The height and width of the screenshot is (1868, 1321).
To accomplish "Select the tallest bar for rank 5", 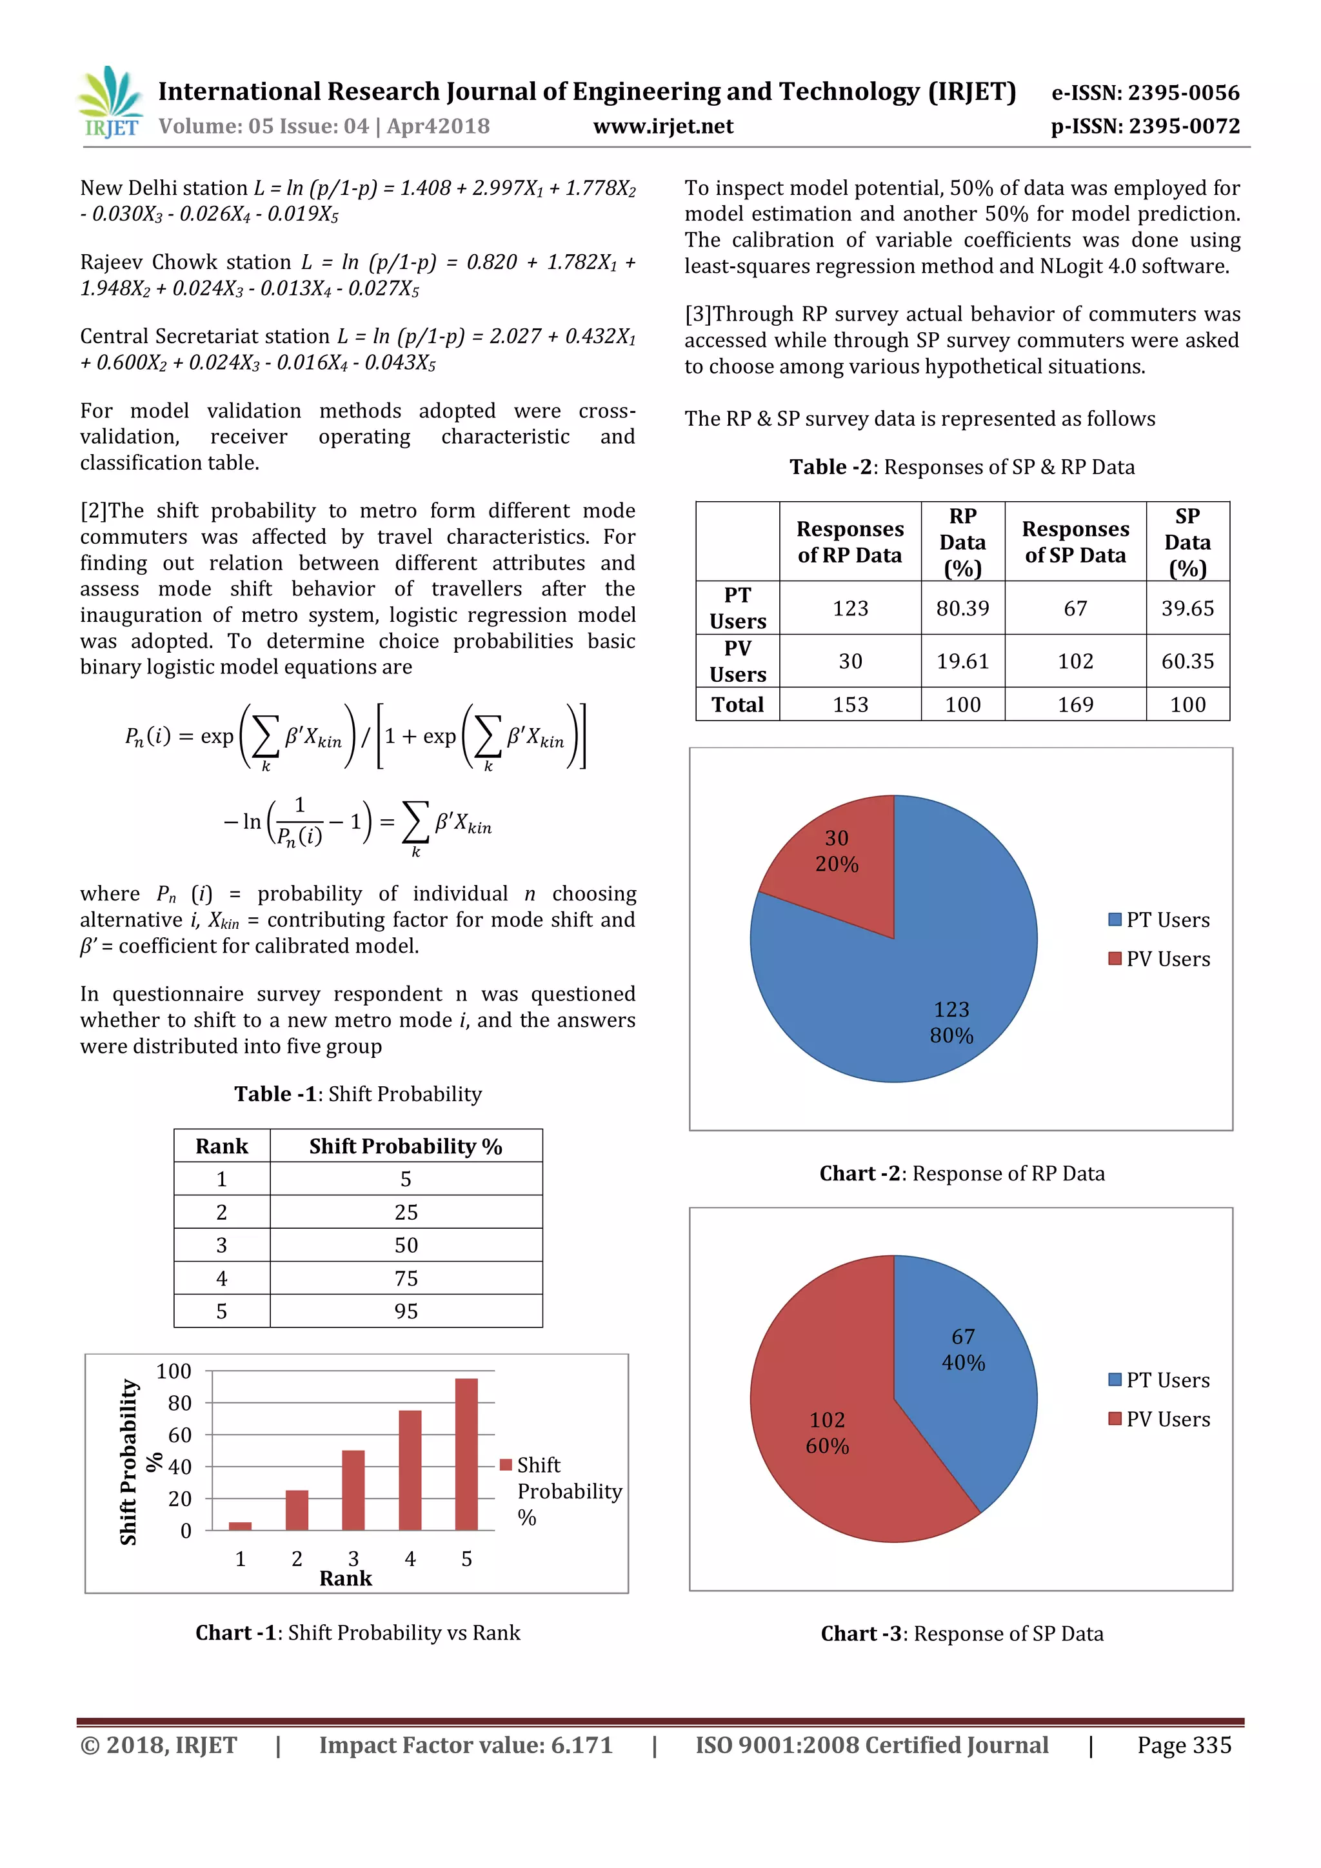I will click(x=466, y=1454).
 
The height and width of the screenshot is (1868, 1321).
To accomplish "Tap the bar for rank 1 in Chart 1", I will click(x=240, y=1525).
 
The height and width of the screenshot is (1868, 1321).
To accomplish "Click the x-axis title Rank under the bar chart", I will click(x=346, y=1578).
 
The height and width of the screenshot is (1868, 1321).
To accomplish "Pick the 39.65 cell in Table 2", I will click(x=1187, y=608).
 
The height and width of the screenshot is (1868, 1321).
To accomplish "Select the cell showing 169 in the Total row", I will click(x=1075, y=704).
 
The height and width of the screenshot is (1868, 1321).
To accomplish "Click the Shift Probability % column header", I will click(x=405, y=1146).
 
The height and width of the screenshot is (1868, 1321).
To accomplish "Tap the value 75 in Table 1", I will click(x=405, y=1278).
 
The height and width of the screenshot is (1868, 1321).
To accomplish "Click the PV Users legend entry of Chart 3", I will click(x=1159, y=1420).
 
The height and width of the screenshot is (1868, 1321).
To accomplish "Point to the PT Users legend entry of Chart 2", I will click(x=1159, y=920).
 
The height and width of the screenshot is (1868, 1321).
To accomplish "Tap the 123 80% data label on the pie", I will click(x=951, y=1022).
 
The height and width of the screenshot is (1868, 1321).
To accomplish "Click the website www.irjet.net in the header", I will click(x=663, y=126).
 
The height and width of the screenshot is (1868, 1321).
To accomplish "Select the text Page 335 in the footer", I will click(x=1184, y=1745).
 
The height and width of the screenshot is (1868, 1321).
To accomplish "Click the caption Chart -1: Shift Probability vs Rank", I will click(x=357, y=1633).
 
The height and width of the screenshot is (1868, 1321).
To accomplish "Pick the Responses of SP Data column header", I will click(x=1075, y=542).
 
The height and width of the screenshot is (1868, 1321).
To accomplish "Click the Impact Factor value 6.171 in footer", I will click(x=465, y=1745).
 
